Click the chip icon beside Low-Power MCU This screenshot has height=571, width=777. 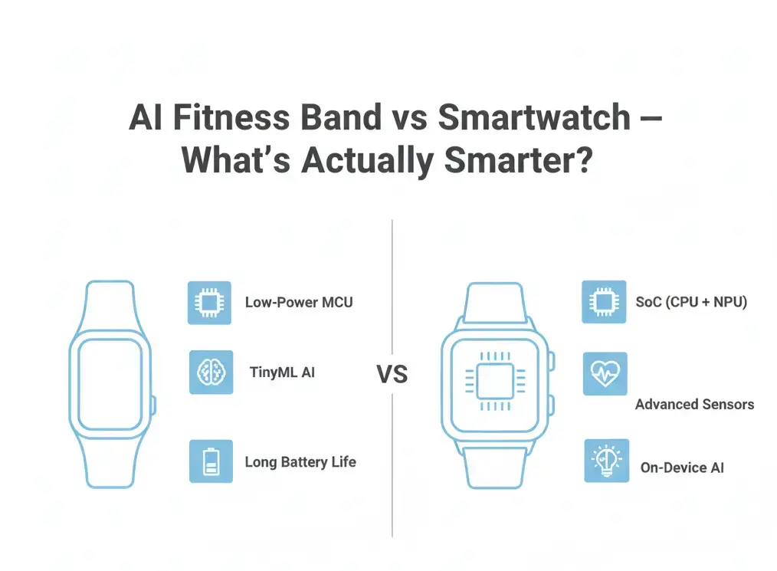coord(209,303)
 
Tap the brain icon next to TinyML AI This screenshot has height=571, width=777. coord(211,372)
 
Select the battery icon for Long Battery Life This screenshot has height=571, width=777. coord(211,461)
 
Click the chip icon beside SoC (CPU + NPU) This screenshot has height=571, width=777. coord(603,302)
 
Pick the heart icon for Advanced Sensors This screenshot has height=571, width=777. coord(605,374)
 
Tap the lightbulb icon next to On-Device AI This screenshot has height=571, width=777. coord(606,461)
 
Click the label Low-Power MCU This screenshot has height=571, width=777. coord(299,302)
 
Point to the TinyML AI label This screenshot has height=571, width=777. coord(282,373)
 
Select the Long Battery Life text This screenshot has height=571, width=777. coord(300,462)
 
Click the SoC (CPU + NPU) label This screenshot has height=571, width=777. coord(691,302)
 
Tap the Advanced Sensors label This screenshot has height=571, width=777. coord(694,404)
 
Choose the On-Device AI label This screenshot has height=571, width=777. coord(682,468)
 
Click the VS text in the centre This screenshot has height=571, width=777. coord(392,375)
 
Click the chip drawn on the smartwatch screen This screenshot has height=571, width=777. coord(499,381)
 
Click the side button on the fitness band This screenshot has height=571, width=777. coord(153,405)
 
